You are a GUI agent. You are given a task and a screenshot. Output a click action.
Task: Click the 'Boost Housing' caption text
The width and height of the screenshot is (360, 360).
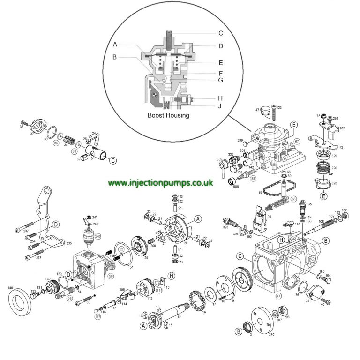point(168,115)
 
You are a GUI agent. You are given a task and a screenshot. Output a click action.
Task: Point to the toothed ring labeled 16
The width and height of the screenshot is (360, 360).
point(197,302)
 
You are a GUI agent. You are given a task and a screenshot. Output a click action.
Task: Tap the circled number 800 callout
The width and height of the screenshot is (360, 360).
point(278,296)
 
